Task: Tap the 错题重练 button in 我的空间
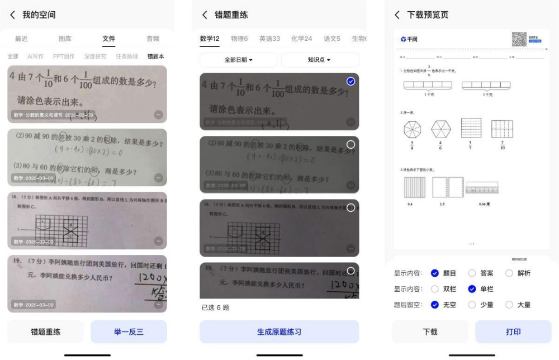point(46,331)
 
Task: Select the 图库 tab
point(65,39)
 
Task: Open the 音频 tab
point(153,39)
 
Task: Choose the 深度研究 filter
point(95,56)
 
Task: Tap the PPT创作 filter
point(64,56)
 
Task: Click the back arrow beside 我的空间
point(13,15)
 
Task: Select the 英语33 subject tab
point(269,39)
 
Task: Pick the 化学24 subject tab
point(302,39)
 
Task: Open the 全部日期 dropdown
point(239,60)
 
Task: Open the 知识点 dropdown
point(320,60)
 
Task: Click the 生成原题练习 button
point(279,331)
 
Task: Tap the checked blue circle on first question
point(350,82)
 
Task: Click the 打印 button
point(513,331)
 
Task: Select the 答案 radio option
point(472,273)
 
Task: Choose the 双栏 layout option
point(435,289)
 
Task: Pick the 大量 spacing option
point(509,305)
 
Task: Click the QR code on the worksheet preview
point(519,39)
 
